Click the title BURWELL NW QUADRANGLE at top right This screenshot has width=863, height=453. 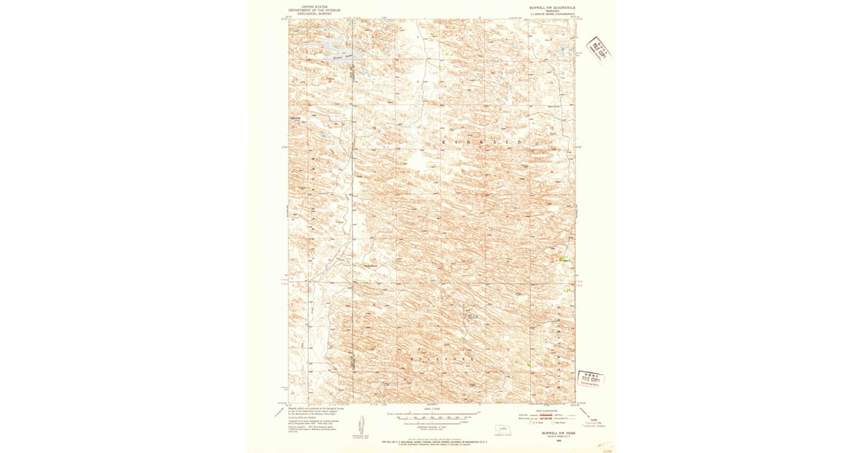[x=552, y=7]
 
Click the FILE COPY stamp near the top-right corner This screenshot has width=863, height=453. [x=596, y=49]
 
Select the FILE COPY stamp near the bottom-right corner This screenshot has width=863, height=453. [x=591, y=379]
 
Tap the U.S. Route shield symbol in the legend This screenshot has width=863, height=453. [x=532, y=423]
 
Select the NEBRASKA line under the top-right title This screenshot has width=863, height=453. [x=552, y=11]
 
